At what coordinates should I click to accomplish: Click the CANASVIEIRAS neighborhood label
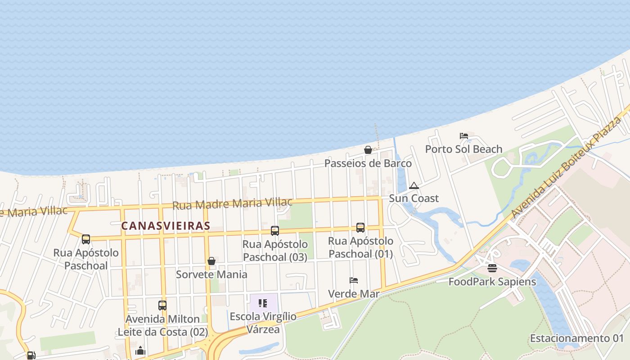pyautogui.click(x=166, y=226)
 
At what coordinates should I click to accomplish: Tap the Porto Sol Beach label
pyautogui.click(x=463, y=149)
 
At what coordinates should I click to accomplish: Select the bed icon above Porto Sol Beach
pyautogui.click(x=463, y=135)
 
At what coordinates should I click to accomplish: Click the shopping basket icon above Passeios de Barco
pyautogui.click(x=368, y=150)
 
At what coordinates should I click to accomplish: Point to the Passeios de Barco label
pyautogui.click(x=368, y=163)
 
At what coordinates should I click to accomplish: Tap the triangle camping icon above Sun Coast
pyautogui.click(x=414, y=185)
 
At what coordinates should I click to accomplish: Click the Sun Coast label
pyautogui.click(x=414, y=198)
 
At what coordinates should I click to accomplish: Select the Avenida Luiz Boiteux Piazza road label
pyautogui.click(x=566, y=166)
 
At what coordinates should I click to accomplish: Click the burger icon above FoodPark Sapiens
pyautogui.click(x=492, y=268)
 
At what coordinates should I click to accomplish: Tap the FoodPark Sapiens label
pyautogui.click(x=492, y=282)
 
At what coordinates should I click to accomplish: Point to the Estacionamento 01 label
pyautogui.click(x=577, y=338)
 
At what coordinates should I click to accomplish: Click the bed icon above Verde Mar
pyautogui.click(x=354, y=280)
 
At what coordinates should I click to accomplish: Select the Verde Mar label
pyautogui.click(x=354, y=294)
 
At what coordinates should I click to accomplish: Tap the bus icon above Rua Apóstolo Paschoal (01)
pyautogui.click(x=360, y=228)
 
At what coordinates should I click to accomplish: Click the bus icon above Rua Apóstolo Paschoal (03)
pyautogui.click(x=275, y=231)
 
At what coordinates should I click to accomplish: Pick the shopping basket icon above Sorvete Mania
pyautogui.click(x=211, y=261)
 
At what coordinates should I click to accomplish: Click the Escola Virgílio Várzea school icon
pyautogui.click(x=263, y=303)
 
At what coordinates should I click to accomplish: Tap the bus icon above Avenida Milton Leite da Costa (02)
pyautogui.click(x=162, y=306)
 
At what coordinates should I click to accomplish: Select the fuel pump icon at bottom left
pyautogui.click(x=31, y=355)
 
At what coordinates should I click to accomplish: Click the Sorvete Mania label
pyautogui.click(x=211, y=274)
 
